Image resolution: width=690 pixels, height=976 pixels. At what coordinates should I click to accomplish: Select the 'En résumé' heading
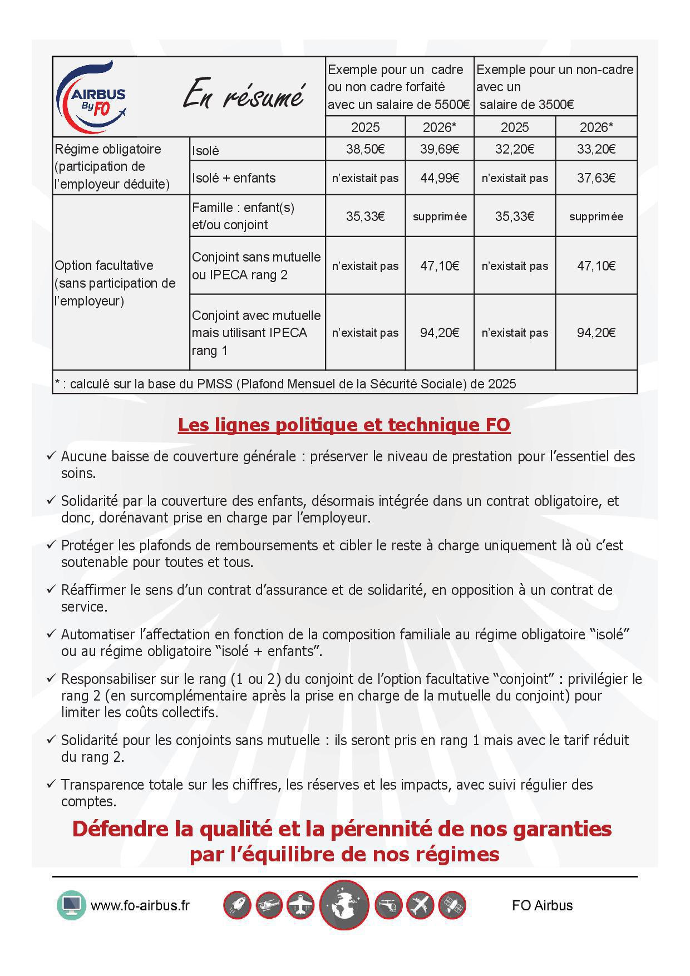pyautogui.click(x=244, y=95)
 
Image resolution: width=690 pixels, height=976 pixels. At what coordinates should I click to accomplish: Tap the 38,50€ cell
pyautogui.click(x=365, y=149)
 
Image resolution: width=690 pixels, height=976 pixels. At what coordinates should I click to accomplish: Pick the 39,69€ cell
pyautogui.click(x=440, y=149)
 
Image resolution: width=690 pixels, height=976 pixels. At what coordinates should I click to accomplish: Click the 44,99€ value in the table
pyautogui.click(x=440, y=178)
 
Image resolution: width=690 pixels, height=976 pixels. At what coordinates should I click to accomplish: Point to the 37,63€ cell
pyautogui.click(x=596, y=178)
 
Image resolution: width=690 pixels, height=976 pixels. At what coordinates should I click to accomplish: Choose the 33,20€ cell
pyautogui.click(x=596, y=149)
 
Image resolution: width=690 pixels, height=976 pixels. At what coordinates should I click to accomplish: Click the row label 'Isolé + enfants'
pyautogui.click(x=234, y=178)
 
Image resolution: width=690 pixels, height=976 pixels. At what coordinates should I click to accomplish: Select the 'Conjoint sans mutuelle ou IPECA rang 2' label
pyautogui.click(x=256, y=266)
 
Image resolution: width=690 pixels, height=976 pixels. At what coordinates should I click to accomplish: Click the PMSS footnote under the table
pyautogui.click(x=285, y=384)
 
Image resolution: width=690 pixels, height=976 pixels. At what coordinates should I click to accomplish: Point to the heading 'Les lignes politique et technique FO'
pyautogui.click(x=344, y=425)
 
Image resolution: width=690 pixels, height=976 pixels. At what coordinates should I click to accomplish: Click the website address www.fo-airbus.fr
pyautogui.click(x=140, y=905)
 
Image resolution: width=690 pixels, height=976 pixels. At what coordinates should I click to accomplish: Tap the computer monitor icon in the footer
pyautogui.click(x=71, y=905)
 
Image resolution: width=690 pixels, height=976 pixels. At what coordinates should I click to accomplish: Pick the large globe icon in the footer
pyautogui.click(x=344, y=905)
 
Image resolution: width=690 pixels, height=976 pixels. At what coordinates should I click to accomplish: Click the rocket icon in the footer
pyautogui.click(x=237, y=905)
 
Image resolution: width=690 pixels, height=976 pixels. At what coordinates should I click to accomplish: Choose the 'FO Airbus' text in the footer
pyautogui.click(x=542, y=905)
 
